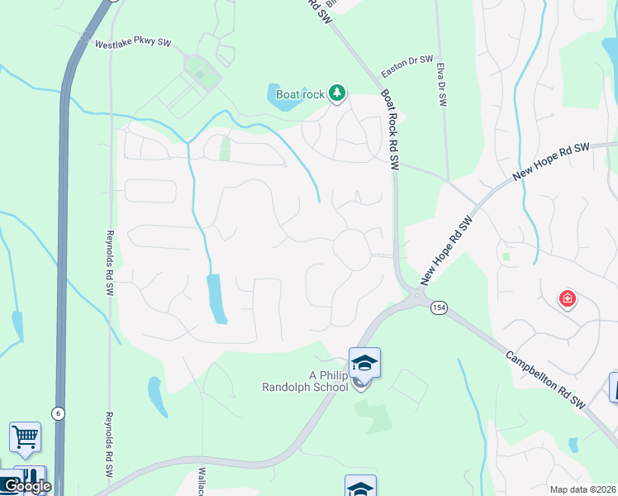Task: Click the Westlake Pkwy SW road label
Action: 132,44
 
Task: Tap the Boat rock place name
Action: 300,94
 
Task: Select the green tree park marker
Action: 336,93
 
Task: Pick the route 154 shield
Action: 437,308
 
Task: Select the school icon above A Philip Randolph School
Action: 364,363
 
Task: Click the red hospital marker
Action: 567,298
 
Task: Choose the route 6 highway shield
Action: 58,413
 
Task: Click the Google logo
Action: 26,486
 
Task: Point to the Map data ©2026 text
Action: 582,489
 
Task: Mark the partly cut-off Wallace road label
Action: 200,479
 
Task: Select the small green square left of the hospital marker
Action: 506,256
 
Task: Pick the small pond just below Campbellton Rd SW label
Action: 573,445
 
